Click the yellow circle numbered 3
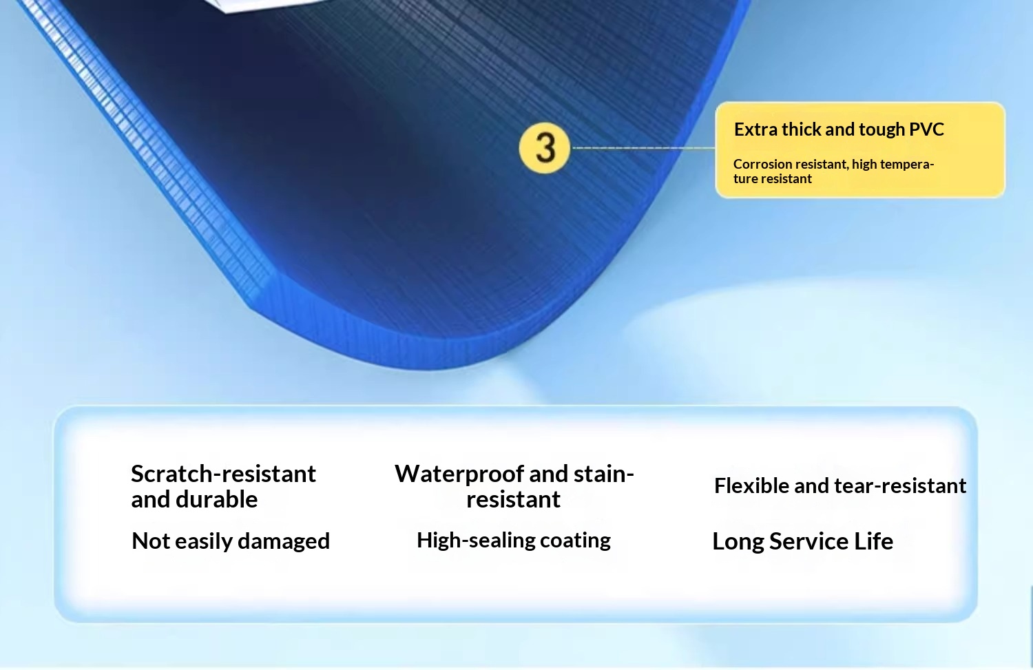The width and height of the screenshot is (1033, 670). coord(545,148)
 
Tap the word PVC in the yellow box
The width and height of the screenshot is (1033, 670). coord(926,129)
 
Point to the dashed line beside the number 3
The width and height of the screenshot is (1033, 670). coord(643,148)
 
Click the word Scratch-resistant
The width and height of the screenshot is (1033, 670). coord(224,474)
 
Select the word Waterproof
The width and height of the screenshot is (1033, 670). coord(459,474)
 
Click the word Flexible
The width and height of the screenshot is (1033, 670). coord(751,486)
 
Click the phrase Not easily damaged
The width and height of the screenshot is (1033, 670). coord(231,541)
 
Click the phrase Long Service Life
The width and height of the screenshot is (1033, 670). coord(802,541)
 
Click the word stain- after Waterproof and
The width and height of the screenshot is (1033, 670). coord(604,474)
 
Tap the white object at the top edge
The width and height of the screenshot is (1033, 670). coord(267,5)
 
